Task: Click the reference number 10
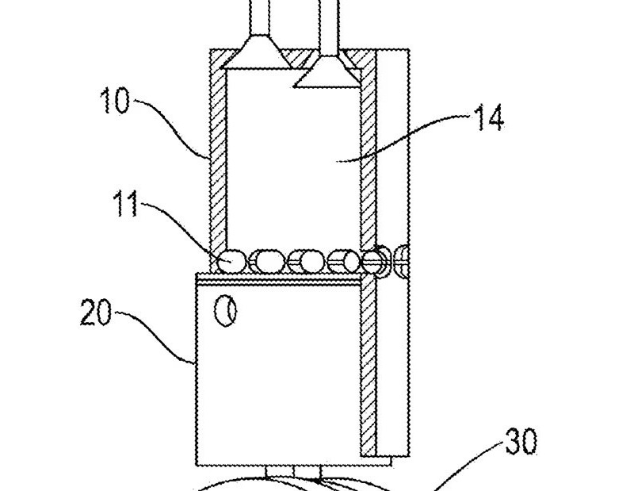(x=115, y=100)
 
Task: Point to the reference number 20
(x=96, y=312)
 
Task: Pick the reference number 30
(x=521, y=441)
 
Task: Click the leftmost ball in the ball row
(x=231, y=261)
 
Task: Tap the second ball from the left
(x=266, y=261)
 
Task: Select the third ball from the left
(x=306, y=261)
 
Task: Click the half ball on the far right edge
(x=403, y=261)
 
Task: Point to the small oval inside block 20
(x=225, y=311)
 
